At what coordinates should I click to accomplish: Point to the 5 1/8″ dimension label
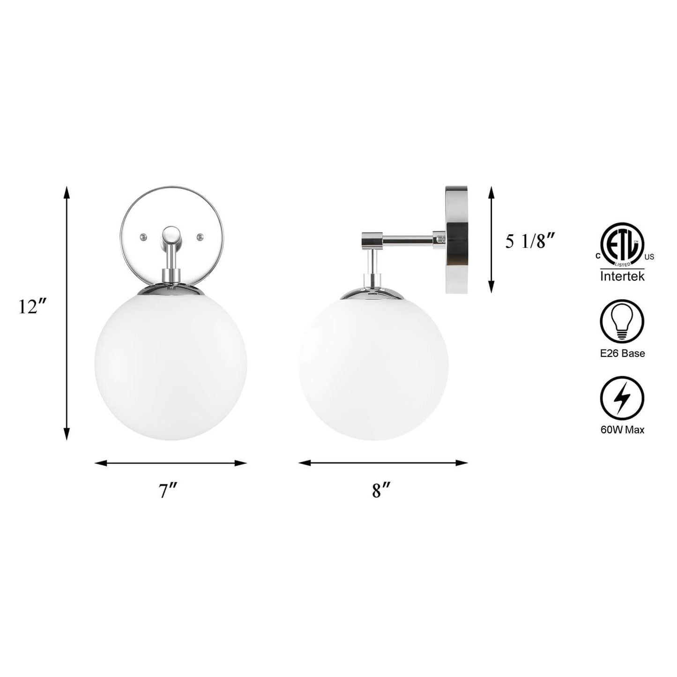tap(530, 242)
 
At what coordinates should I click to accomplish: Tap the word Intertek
tap(622, 276)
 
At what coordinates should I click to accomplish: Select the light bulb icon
tap(623, 321)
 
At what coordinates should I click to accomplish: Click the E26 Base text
tap(623, 353)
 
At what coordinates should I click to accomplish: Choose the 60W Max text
tap(623, 430)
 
